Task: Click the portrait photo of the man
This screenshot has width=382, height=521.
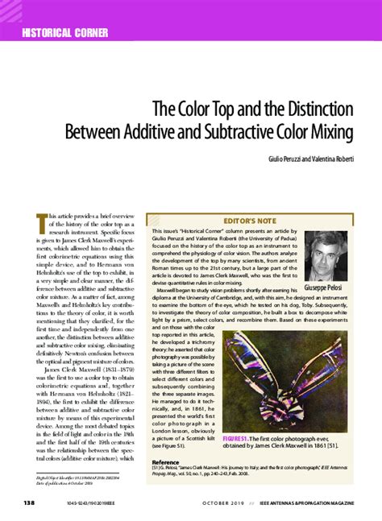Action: (326, 256)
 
